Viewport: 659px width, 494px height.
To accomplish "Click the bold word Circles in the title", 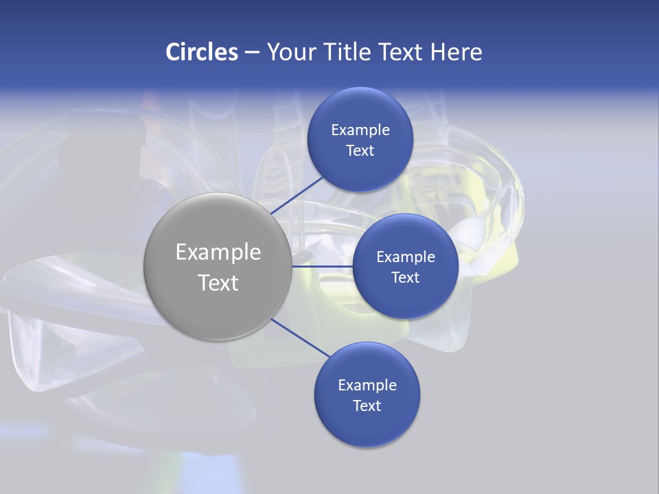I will (x=202, y=52).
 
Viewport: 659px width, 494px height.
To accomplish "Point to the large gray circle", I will (x=218, y=266).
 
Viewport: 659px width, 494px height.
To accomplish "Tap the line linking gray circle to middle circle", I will (x=323, y=266).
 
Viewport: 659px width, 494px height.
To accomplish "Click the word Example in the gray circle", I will (x=218, y=252).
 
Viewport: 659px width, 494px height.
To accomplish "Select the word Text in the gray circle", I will (x=218, y=283).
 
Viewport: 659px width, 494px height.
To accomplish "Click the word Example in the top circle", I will (x=360, y=130).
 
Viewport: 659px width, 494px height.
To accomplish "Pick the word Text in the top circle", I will (x=360, y=151).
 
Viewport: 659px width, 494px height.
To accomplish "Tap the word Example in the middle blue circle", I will (x=406, y=257).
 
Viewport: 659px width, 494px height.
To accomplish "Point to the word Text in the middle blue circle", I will (x=406, y=278).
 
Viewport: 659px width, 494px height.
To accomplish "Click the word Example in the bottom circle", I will (x=367, y=386).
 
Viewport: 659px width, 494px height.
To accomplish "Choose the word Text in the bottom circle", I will (x=367, y=406).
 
